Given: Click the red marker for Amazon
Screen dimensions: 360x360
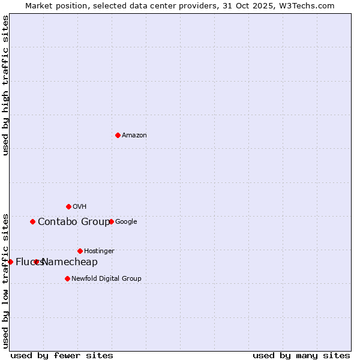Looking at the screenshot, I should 118,135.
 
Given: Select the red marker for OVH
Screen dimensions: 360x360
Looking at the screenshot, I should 68,206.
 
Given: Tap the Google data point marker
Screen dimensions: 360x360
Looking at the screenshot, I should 111,221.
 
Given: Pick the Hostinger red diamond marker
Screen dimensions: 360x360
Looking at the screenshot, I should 80,251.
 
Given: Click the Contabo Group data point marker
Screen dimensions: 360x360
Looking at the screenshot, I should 32,221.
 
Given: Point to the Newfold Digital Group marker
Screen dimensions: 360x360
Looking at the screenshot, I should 67,278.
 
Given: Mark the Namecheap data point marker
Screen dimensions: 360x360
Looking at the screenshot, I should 37,262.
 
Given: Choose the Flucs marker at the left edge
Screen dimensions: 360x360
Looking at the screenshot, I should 10,262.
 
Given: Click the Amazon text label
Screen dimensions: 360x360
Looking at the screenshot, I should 134,136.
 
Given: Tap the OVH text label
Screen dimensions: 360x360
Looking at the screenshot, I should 80,207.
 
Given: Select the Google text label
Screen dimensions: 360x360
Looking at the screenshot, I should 126,222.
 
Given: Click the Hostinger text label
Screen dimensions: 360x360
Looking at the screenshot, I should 99,251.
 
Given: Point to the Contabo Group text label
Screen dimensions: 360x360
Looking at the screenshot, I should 74,222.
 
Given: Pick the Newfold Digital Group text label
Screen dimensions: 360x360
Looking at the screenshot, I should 106,279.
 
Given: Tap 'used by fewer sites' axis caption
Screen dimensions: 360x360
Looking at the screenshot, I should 62,355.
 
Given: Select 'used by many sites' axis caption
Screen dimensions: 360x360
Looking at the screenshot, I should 301,355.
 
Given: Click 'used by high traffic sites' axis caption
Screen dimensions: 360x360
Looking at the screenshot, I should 5,85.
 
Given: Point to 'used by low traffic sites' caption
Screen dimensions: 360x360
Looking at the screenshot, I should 5,281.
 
